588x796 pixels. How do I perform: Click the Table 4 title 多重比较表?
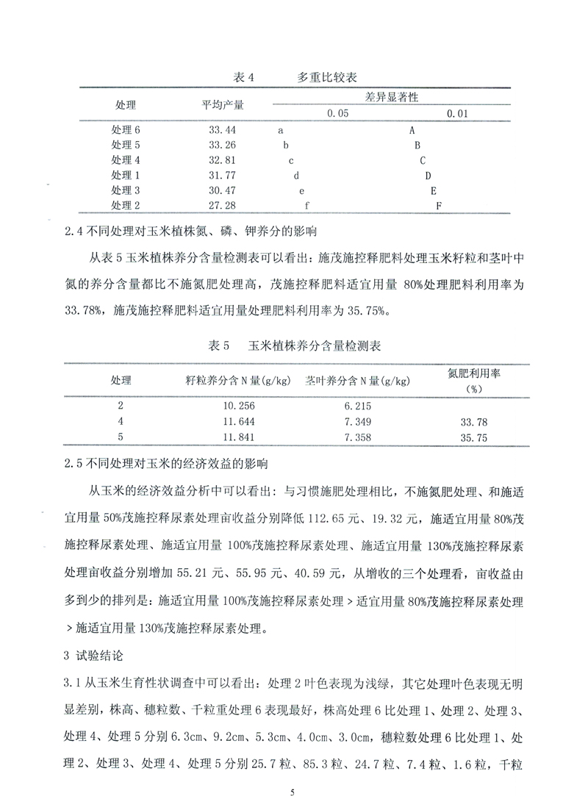point(328,76)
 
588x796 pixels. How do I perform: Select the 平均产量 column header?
point(223,105)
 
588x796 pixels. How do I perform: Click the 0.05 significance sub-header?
point(338,114)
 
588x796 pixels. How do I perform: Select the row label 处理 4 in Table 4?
point(125,160)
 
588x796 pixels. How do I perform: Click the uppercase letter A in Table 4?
point(412,130)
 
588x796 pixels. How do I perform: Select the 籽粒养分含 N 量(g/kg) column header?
point(239,381)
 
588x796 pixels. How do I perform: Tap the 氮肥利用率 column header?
point(474,373)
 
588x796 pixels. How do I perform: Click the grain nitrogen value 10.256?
point(236,406)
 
